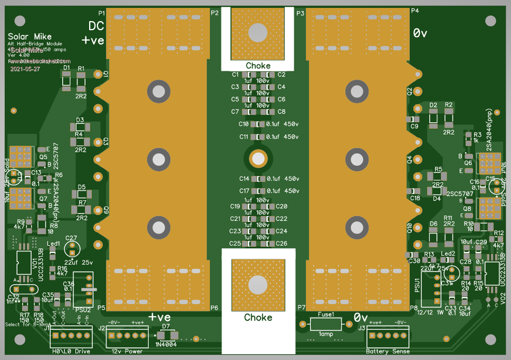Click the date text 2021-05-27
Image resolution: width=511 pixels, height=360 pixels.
pos(25,69)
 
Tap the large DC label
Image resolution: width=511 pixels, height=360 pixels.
pos(96,26)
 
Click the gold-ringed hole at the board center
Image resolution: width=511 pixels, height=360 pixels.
pos(257,158)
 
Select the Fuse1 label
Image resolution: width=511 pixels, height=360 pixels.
pos(326,314)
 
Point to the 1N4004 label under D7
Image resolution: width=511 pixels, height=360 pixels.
pos(166,345)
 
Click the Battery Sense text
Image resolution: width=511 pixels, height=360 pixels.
pos(387,352)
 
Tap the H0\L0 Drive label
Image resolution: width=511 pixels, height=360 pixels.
pos(71,352)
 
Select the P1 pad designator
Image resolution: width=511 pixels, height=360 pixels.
pos(102,12)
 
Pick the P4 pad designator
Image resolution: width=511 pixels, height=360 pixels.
pos(415,11)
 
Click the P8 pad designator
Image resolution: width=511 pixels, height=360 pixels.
pos(414,308)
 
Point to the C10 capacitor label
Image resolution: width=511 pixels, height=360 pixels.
pos(243,124)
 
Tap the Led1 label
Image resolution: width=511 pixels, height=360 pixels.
pos(54,244)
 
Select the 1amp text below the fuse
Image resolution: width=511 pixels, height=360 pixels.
pos(326,334)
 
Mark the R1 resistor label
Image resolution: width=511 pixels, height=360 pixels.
pos(81,69)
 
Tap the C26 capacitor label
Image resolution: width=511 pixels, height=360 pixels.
pos(282,244)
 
